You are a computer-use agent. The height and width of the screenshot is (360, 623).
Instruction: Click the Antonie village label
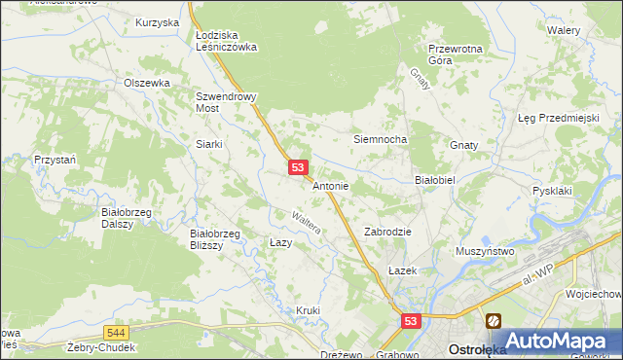pos(330,185)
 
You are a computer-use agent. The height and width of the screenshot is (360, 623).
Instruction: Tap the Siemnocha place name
pos(379,139)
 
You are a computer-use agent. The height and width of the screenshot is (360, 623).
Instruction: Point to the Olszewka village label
pos(147,83)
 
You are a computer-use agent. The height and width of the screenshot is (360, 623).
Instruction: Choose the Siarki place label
pos(209,144)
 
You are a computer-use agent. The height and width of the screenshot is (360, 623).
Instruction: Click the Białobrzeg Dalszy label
pos(124,216)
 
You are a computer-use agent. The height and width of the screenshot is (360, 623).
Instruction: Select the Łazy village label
pos(280,242)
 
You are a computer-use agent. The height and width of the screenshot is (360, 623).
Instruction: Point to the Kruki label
pos(308,310)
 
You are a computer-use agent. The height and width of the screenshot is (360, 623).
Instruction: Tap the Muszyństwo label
pos(485,251)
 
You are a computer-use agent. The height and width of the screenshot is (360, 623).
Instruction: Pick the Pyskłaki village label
pos(553,192)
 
